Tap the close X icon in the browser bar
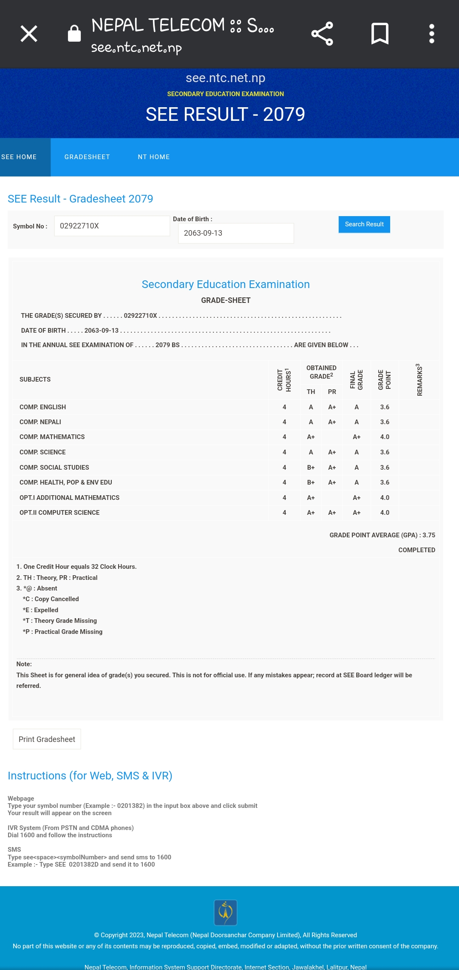(29, 34)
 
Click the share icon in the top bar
(322, 34)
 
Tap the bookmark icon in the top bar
(380, 34)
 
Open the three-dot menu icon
(431, 34)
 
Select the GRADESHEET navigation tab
(87, 157)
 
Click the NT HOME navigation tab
(154, 157)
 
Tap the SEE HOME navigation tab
(19, 157)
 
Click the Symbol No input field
(112, 226)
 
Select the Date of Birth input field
(236, 233)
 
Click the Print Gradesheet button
(47, 739)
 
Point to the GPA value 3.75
(429, 535)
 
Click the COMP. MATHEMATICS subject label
(52, 437)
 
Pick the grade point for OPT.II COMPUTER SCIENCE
(385, 513)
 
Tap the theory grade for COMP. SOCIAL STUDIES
(311, 468)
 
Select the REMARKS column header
(419, 379)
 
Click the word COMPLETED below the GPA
(416, 550)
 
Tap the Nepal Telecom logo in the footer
(225, 913)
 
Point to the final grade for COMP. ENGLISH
(357, 407)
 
